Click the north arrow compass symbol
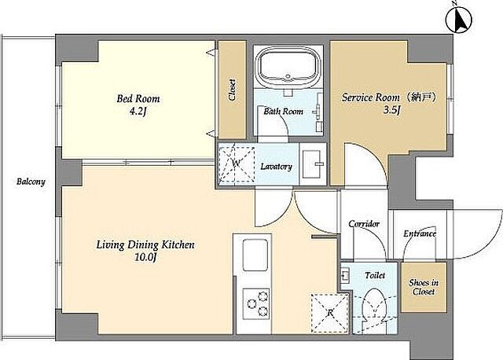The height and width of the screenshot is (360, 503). (459, 18)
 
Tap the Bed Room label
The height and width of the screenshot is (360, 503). (138, 98)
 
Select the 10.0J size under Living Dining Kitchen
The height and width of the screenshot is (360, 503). (145, 257)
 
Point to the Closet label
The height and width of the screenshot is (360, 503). (232, 90)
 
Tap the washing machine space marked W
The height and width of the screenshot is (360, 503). (237, 164)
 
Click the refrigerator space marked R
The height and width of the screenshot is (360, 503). (330, 313)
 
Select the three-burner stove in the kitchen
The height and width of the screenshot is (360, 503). (256, 303)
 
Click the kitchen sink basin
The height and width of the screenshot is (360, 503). (255, 255)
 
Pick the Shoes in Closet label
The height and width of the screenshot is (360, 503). (424, 287)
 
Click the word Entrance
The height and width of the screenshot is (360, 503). (420, 233)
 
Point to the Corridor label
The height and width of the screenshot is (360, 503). (364, 224)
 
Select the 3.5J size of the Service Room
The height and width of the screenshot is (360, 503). (391, 111)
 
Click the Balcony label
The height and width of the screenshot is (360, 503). (31, 182)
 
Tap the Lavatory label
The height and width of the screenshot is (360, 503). (276, 167)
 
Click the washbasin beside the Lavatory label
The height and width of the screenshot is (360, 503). (313, 164)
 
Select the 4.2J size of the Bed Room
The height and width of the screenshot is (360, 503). (138, 112)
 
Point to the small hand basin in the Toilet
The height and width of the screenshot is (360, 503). (345, 276)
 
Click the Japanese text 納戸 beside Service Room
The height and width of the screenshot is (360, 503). (424, 97)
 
